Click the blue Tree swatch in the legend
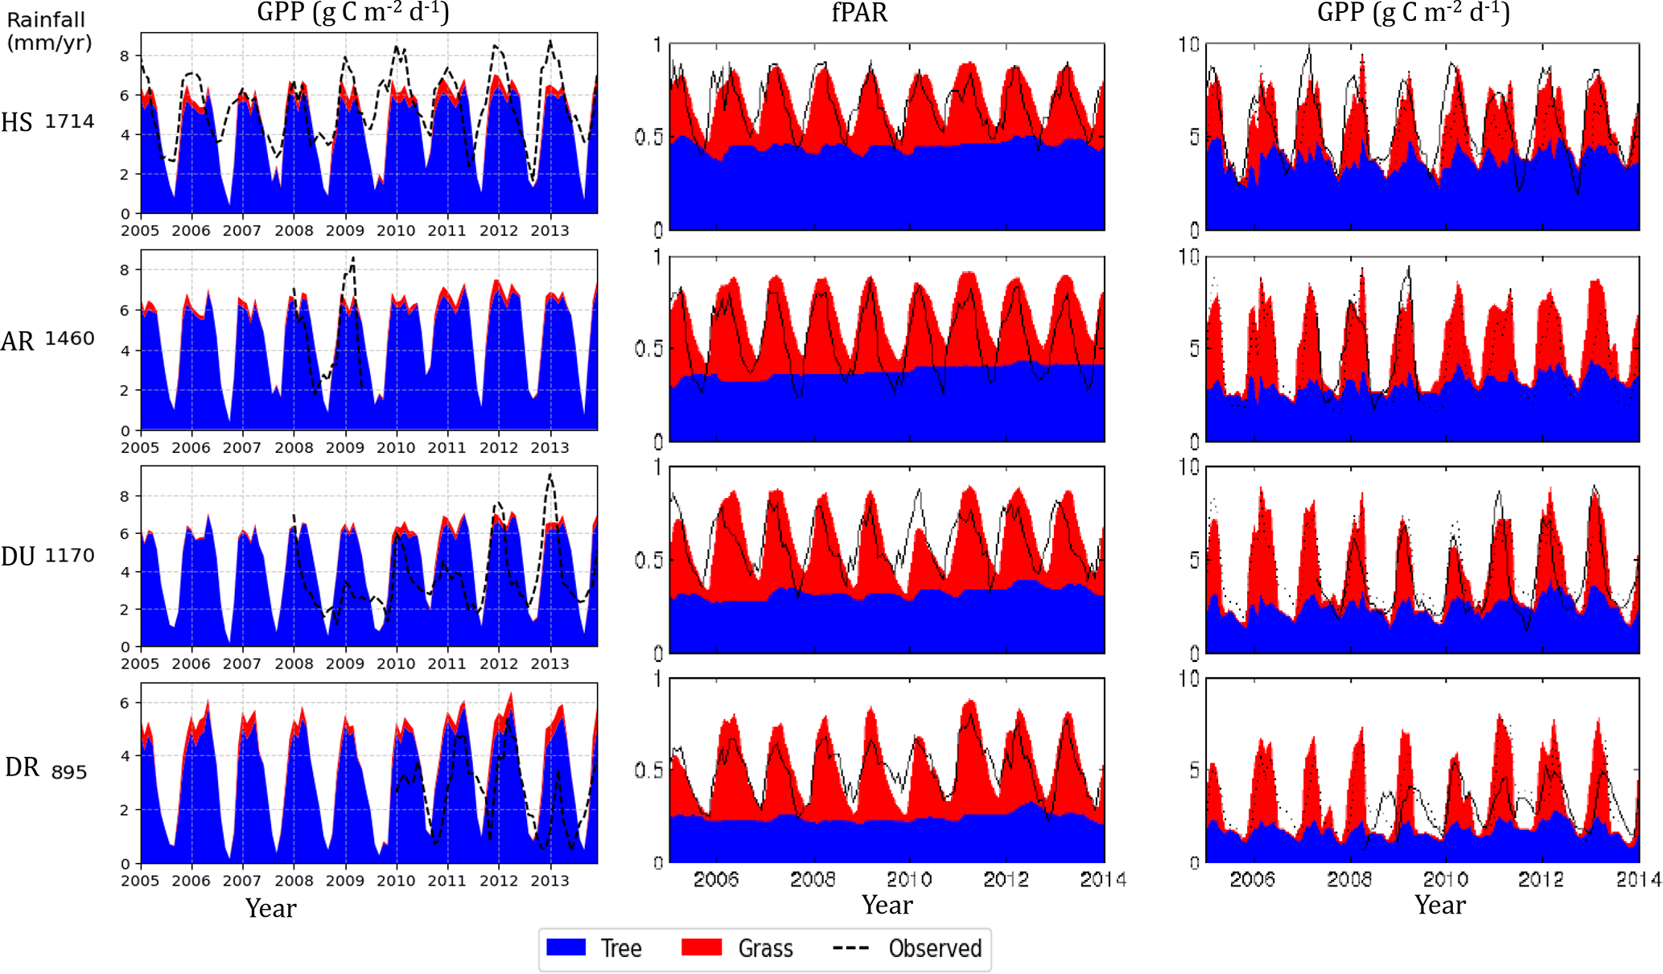click(x=566, y=947)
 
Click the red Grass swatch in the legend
click(x=701, y=947)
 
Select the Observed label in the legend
click(x=935, y=948)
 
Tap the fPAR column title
click(x=859, y=13)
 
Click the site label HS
click(x=16, y=122)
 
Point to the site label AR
click(x=17, y=341)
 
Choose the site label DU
click(x=18, y=556)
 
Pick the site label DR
click(x=22, y=767)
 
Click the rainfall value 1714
click(x=69, y=121)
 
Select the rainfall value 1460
click(x=69, y=339)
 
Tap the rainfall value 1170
click(x=69, y=555)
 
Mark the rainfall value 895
click(x=69, y=772)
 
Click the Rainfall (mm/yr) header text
click(x=48, y=31)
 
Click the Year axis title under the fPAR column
click(x=887, y=905)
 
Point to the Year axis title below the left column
click(x=271, y=908)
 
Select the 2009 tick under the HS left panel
click(x=344, y=231)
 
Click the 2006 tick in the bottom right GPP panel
click(x=1253, y=879)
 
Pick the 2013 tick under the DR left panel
click(x=550, y=881)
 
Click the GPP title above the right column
click(x=1414, y=13)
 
